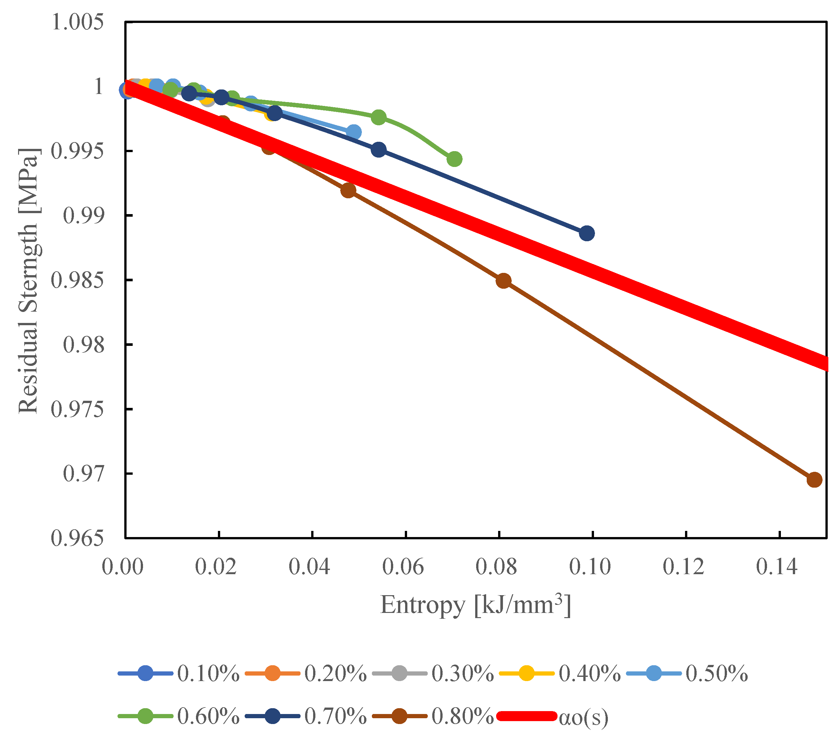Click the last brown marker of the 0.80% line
click(814, 480)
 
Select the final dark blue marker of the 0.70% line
click(587, 233)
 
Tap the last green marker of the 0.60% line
click(454, 159)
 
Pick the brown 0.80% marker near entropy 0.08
click(504, 281)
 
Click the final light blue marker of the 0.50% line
click(353, 132)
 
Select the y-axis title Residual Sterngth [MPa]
click(29, 281)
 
